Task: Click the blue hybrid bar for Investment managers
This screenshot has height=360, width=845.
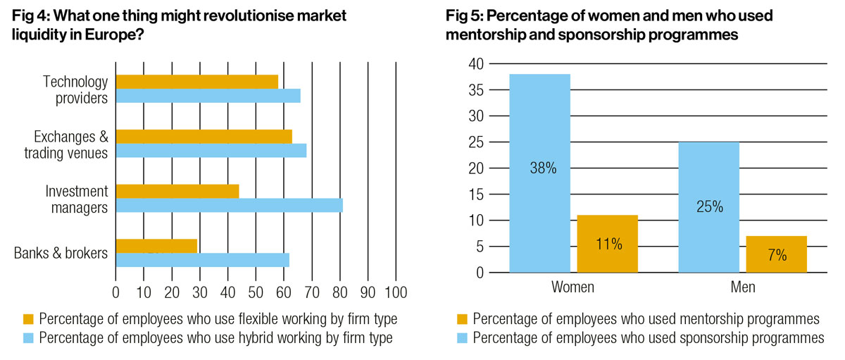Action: tap(229, 206)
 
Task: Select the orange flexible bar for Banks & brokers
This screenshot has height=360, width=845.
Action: tap(156, 246)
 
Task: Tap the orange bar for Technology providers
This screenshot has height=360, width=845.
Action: tap(196, 82)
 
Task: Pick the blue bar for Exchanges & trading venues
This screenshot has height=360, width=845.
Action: tap(211, 151)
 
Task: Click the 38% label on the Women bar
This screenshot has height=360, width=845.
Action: tap(539, 169)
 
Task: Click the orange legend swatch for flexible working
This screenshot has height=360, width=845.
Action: tap(29, 319)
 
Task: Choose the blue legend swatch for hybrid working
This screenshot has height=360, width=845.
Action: tap(29, 337)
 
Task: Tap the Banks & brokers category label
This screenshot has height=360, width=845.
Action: tap(61, 253)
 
